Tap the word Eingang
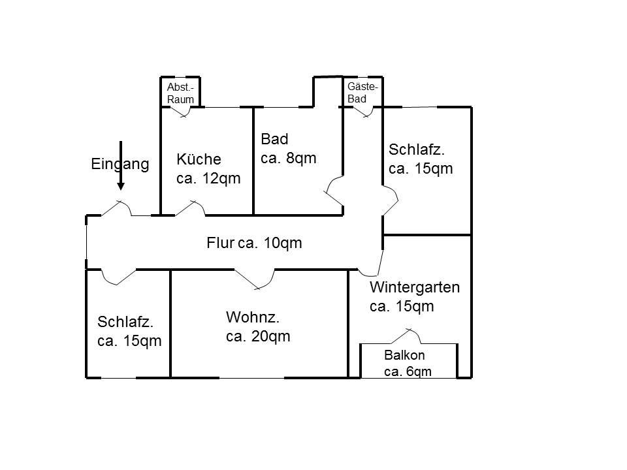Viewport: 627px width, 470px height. point(120,164)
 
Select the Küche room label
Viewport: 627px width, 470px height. point(208,169)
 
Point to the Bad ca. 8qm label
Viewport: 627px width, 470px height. point(288,149)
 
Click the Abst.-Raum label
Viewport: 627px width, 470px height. point(180,93)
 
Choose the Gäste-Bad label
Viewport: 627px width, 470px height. point(362,93)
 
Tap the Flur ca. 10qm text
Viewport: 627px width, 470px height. point(254,243)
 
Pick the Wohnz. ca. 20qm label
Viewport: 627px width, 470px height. point(258,328)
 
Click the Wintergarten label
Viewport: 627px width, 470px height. point(415,296)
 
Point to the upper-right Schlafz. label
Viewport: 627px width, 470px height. point(421,159)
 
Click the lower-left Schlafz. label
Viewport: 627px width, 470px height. point(129,332)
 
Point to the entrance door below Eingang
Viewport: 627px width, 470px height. point(118,207)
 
